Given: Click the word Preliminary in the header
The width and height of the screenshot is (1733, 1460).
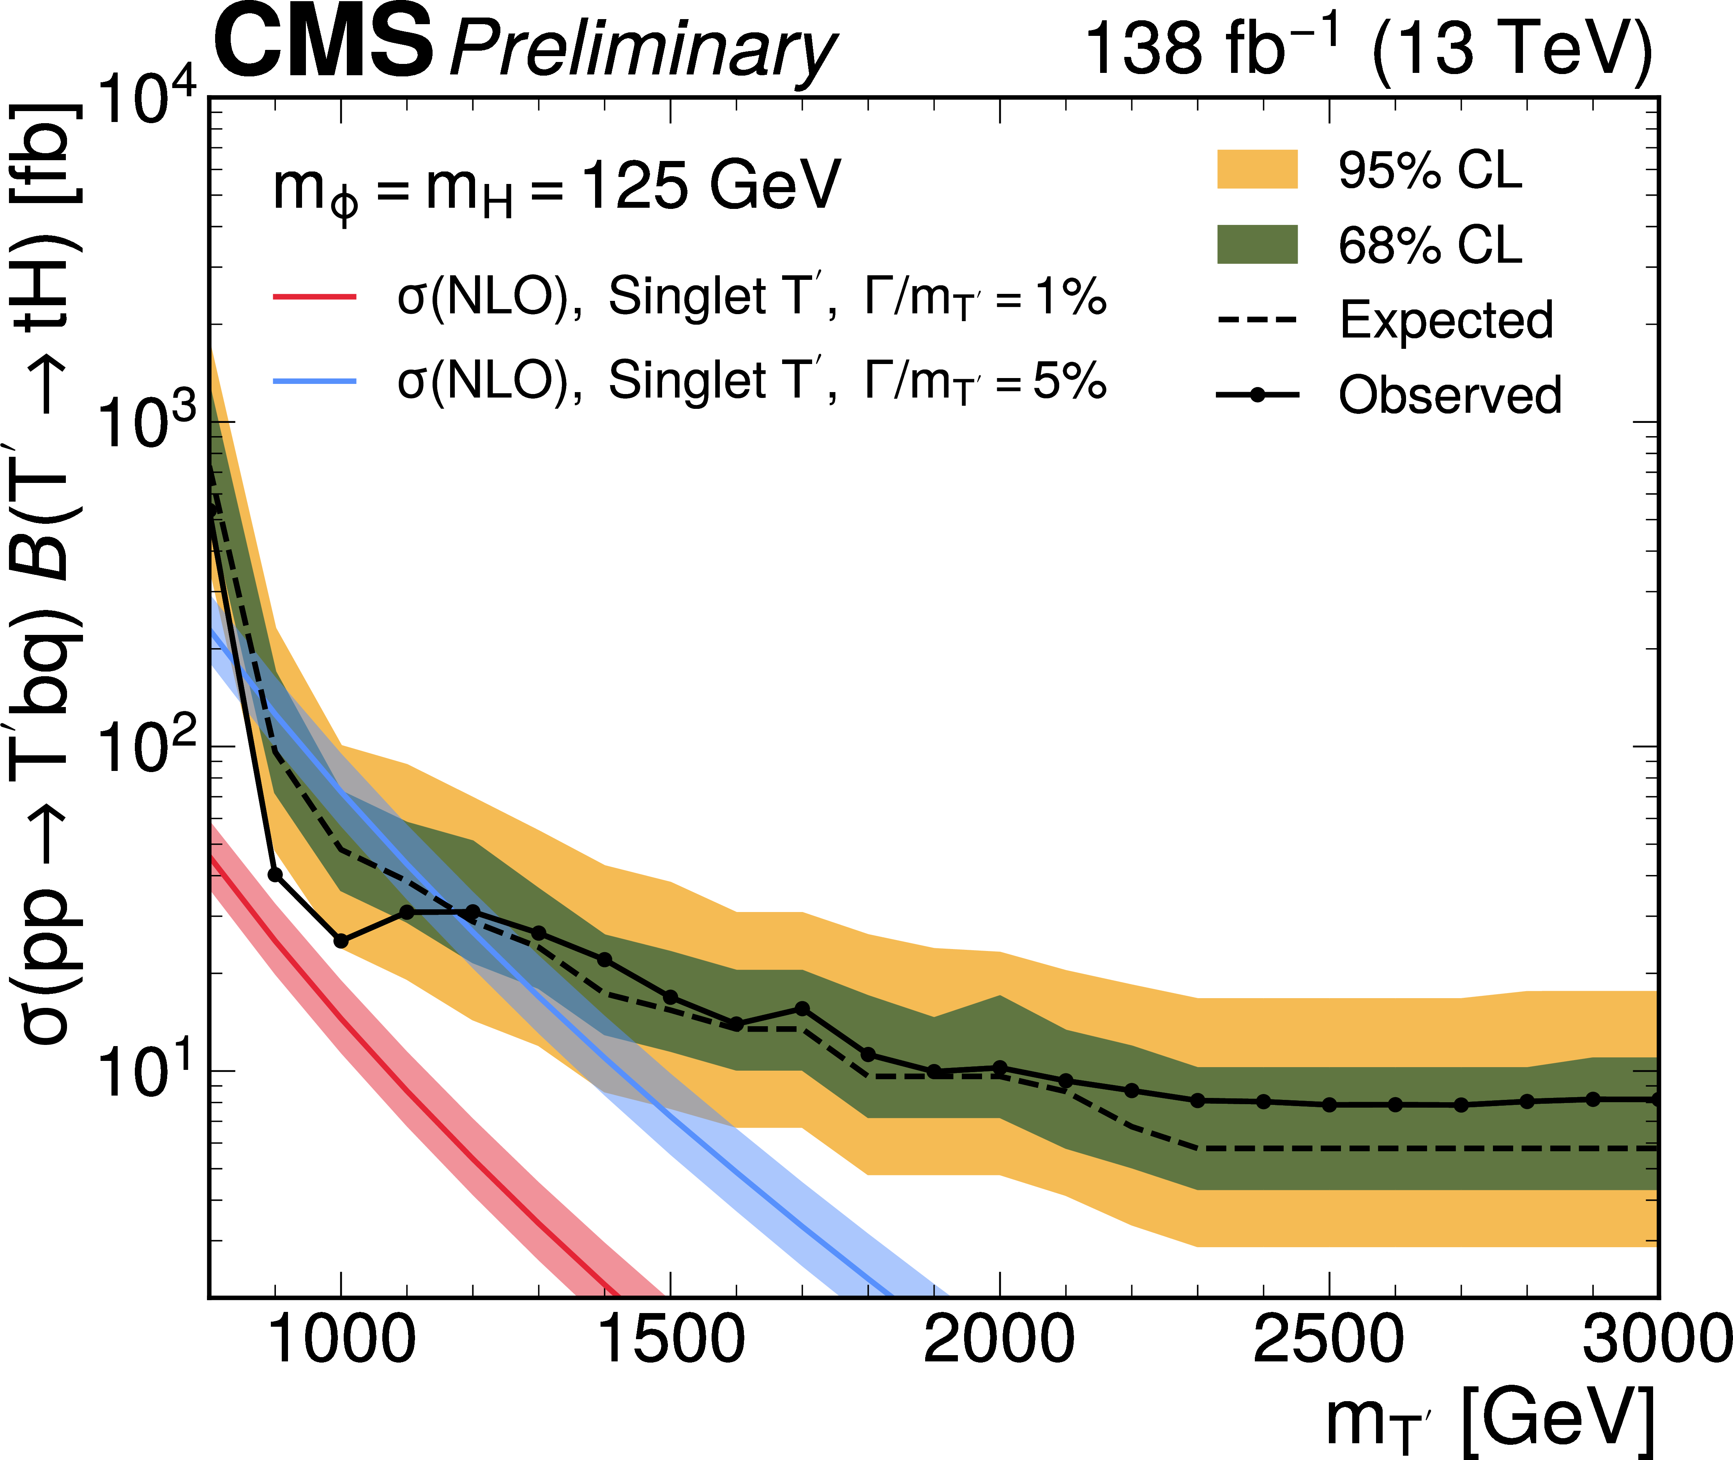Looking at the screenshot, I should coord(641,49).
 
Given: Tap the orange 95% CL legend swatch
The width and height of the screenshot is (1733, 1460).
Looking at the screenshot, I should coord(1256,170).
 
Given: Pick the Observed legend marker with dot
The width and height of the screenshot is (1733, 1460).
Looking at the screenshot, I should coord(1256,395).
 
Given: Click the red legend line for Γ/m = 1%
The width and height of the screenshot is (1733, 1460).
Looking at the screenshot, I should coord(314,296).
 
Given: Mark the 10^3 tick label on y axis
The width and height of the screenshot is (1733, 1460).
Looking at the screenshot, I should coord(145,422).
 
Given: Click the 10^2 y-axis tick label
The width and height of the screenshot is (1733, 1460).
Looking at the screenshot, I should coord(145,746).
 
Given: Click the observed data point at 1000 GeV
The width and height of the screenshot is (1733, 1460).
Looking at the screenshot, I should coord(341,941).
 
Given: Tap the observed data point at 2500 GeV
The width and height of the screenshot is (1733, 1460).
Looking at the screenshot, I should coord(1329,1105).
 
